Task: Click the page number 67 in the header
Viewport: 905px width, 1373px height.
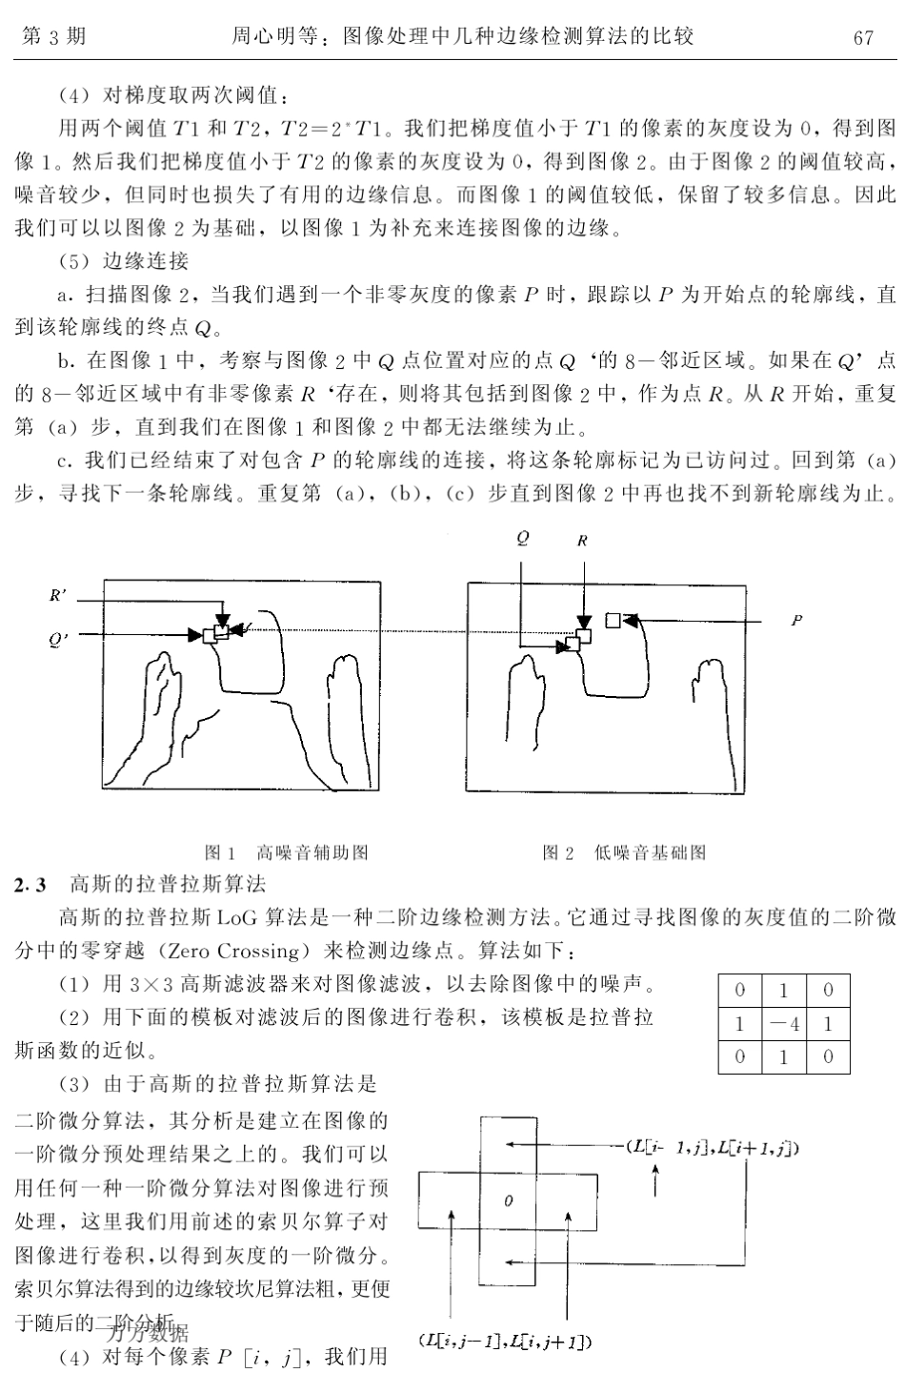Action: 863,37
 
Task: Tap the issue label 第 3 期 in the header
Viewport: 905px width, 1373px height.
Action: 53,37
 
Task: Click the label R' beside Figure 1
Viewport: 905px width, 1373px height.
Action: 58,596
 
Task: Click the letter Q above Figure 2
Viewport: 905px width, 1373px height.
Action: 522,538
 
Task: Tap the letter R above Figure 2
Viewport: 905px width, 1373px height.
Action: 582,540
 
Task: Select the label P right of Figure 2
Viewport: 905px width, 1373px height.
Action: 796,621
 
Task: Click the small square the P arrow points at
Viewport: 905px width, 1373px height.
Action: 613,620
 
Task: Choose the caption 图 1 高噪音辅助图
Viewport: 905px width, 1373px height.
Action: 287,852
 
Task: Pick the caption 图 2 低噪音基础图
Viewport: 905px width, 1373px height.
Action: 624,852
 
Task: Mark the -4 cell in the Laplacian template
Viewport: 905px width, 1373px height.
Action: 783,1024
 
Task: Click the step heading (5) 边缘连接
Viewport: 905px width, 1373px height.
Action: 124,260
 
